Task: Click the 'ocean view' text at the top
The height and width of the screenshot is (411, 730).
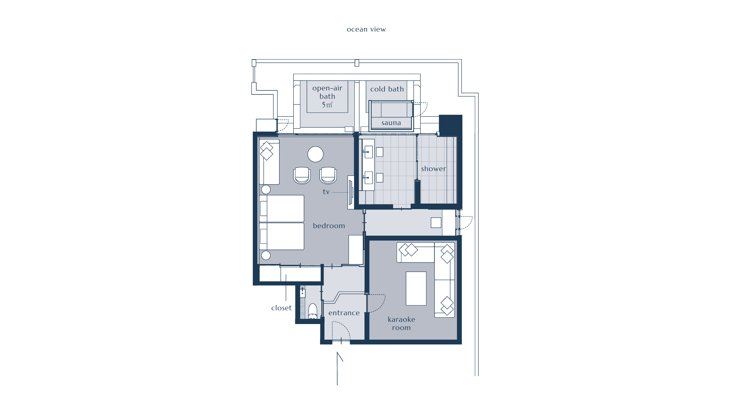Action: pyautogui.click(x=366, y=29)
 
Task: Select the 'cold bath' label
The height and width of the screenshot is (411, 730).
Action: pyautogui.click(x=387, y=89)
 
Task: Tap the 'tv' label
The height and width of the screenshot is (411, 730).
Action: pyautogui.click(x=326, y=192)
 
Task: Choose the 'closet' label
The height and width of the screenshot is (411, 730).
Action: pyautogui.click(x=281, y=308)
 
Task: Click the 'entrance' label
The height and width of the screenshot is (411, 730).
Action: pyautogui.click(x=344, y=313)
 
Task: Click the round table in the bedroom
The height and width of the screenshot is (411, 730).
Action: pyautogui.click(x=315, y=154)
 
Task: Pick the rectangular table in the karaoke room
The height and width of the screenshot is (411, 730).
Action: pyautogui.click(x=416, y=288)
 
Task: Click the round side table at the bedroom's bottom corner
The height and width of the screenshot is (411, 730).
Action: pyautogui.click(x=266, y=255)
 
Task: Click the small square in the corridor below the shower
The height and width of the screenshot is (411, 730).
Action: pyautogui.click(x=436, y=223)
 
